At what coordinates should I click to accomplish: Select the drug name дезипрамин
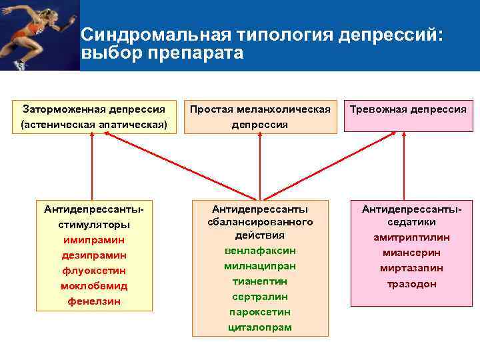tap(94, 255)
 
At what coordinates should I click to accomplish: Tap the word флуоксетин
tap(94, 271)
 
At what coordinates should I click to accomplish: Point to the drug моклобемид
tap(94, 286)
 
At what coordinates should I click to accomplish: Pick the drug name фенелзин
tap(94, 301)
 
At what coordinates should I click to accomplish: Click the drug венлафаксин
tap(260, 251)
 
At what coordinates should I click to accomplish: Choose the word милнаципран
tap(260, 266)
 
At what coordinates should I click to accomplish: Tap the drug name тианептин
tap(260, 281)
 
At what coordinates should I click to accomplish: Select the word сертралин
tap(260, 297)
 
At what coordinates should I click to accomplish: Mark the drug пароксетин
tap(260, 312)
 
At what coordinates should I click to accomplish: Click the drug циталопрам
tap(260, 327)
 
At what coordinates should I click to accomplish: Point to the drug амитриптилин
tap(411, 237)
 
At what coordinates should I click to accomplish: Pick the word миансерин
tap(411, 253)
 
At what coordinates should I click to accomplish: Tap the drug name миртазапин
tap(411, 268)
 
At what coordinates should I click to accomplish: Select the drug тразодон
tap(411, 283)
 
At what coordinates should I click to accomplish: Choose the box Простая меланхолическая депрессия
tap(260, 117)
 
